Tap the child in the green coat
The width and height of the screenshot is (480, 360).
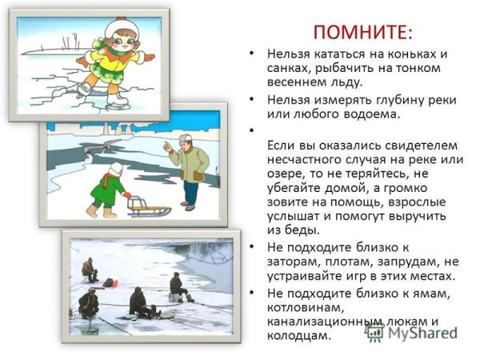click(108, 190)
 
